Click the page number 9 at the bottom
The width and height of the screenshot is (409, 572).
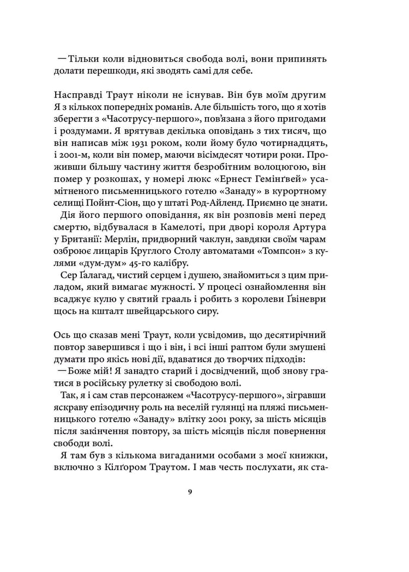[189, 492]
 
